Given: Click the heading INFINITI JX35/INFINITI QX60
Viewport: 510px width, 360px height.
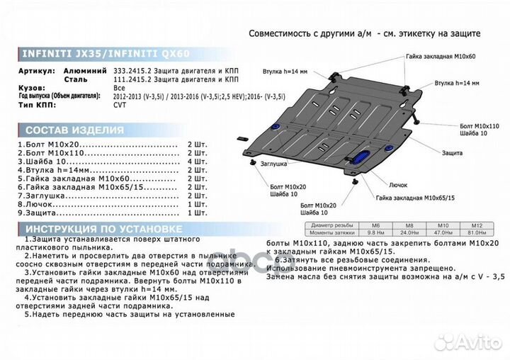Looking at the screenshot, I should (x=106, y=54).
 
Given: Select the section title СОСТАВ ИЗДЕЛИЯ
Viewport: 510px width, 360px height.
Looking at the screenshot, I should (x=74, y=130).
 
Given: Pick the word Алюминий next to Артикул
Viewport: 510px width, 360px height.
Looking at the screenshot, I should (x=84, y=72).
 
